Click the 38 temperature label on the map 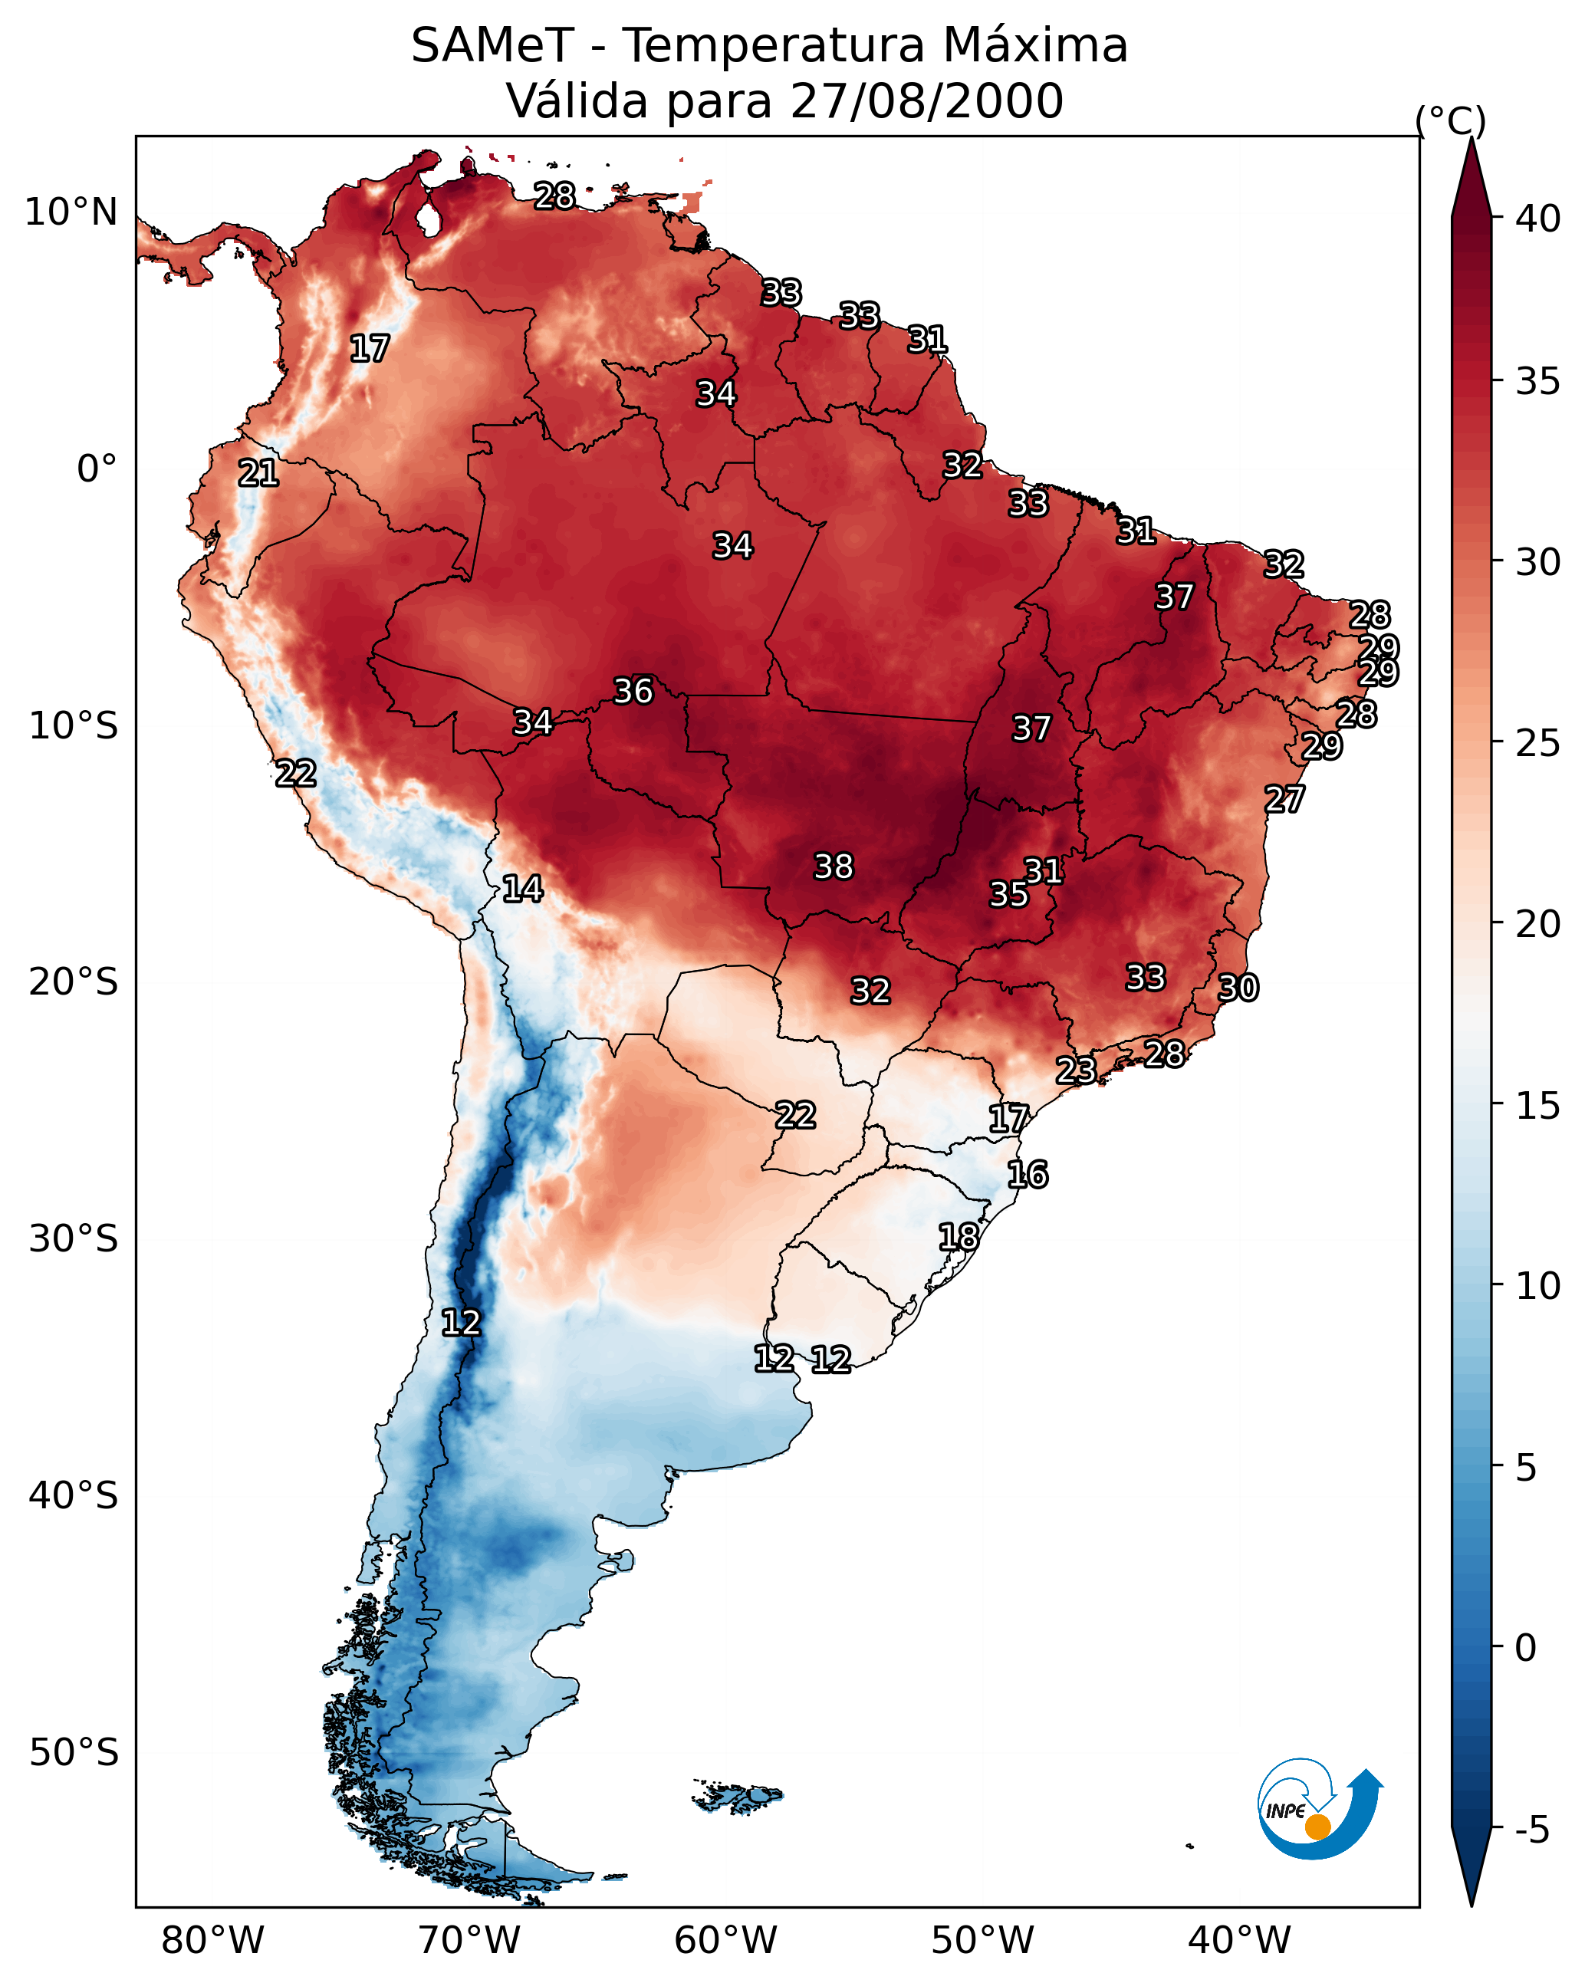pyautogui.click(x=834, y=867)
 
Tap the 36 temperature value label pyautogui.click(x=633, y=691)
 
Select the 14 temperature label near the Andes pyautogui.click(x=522, y=889)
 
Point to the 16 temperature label pyautogui.click(x=1027, y=1175)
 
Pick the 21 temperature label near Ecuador pyautogui.click(x=258, y=474)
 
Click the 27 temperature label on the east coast pyautogui.click(x=1284, y=799)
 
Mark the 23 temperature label pyautogui.click(x=1075, y=1070)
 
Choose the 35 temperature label pyautogui.click(x=1008, y=894)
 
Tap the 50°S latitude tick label pyautogui.click(x=74, y=1753)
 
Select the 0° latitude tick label pyautogui.click(x=97, y=469)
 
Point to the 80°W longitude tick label pyautogui.click(x=212, y=1941)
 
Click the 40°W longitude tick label pyautogui.click(x=1239, y=1941)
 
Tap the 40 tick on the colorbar pyautogui.click(x=1537, y=219)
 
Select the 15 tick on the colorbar pyautogui.click(x=1537, y=1106)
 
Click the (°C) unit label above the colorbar pyautogui.click(x=1450, y=120)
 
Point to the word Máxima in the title pyautogui.click(x=1035, y=45)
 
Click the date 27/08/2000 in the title pyautogui.click(x=926, y=101)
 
